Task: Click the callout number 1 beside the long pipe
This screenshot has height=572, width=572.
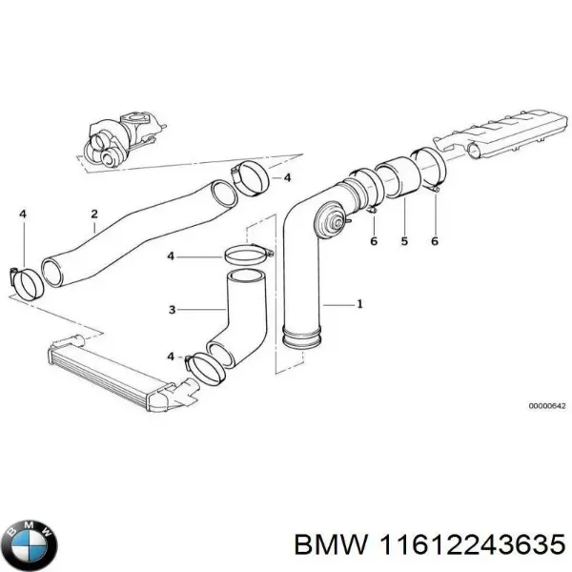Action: coord(359,305)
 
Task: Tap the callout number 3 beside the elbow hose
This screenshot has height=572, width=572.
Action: coord(172,309)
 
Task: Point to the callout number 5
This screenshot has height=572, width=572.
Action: coord(403,242)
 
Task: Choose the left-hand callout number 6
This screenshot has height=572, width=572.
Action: coord(374,242)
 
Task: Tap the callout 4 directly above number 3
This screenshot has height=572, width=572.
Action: coord(171,256)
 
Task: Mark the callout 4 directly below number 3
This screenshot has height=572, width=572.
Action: coord(171,356)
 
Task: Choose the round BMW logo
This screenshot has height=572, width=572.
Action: coord(30,542)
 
